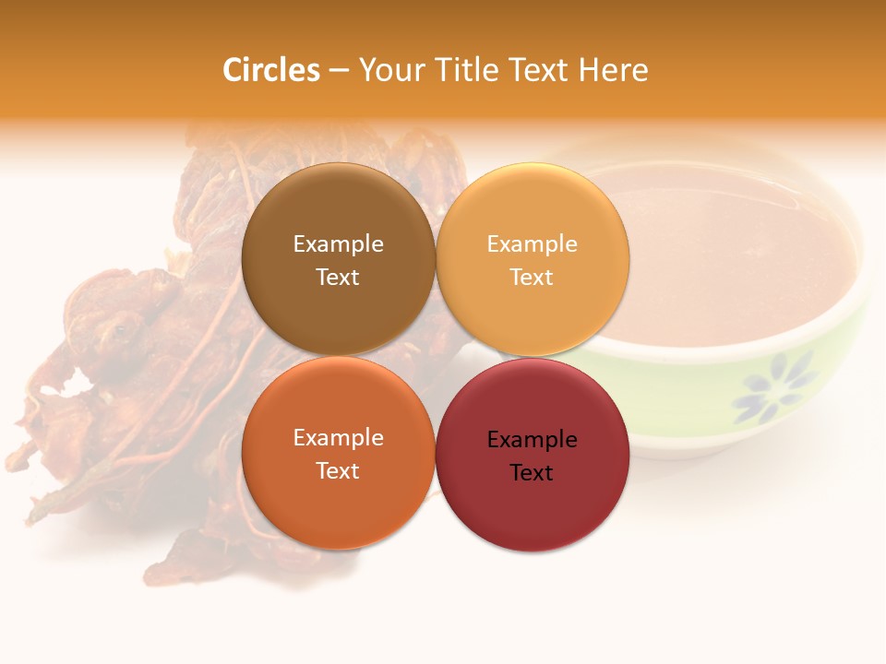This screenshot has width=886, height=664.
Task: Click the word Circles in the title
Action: coord(271,70)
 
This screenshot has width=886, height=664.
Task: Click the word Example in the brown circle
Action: coord(338,244)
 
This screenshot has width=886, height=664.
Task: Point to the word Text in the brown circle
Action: coord(338,277)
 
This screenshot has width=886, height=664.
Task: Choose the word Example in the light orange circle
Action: coord(532,244)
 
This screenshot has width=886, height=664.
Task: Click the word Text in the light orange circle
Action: coord(532,277)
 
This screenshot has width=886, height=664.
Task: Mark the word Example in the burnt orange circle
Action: coord(338,438)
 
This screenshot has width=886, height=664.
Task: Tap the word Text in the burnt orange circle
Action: coord(338,470)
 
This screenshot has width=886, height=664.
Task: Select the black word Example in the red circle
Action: coord(532,440)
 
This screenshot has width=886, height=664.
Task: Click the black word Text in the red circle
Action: coord(532,472)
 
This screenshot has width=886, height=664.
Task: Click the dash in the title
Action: coord(339,70)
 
